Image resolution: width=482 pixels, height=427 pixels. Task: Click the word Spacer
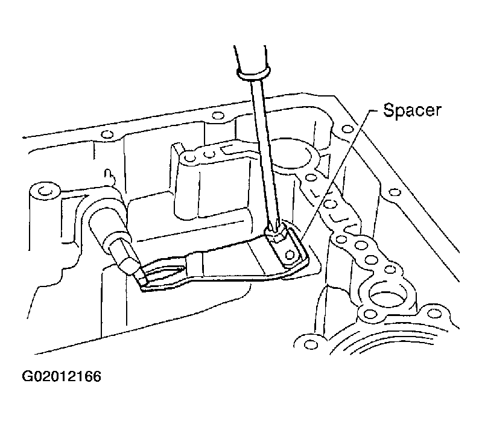[x=412, y=110]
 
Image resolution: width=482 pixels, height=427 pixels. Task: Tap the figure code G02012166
[x=61, y=376]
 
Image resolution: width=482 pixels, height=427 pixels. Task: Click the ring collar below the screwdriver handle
[x=254, y=73]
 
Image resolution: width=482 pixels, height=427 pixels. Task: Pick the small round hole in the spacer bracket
[x=290, y=255]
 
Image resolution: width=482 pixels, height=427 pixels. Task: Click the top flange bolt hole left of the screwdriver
[x=218, y=116]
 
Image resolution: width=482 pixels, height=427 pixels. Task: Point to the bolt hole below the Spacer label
[x=347, y=129]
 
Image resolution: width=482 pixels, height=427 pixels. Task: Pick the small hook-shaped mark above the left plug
[x=109, y=176]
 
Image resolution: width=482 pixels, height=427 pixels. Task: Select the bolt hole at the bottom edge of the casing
[x=311, y=343]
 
